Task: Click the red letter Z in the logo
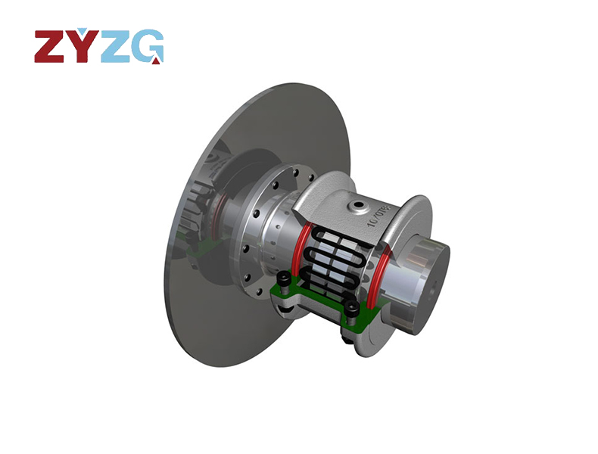pyautogui.click(x=51, y=47)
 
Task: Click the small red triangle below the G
pyautogui.click(x=155, y=61)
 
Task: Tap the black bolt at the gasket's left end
pyautogui.click(x=282, y=283)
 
